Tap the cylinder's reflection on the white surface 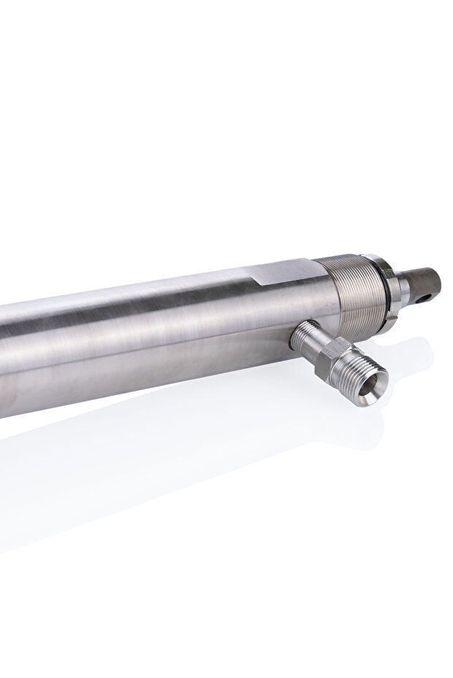[109, 473]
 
